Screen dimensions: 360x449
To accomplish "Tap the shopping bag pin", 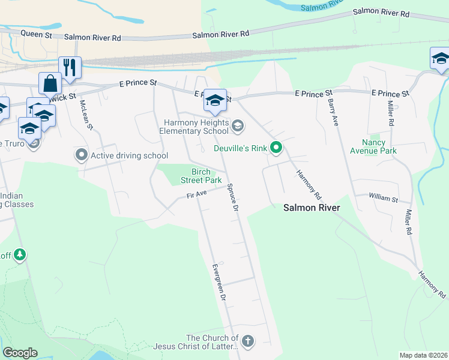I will click(x=50, y=83).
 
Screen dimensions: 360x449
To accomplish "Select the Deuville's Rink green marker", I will click(x=276, y=147).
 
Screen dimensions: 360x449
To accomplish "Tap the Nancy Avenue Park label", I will click(x=379, y=147).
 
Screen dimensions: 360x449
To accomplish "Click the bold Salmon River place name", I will click(x=312, y=208).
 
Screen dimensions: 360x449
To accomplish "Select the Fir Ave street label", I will click(x=196, y=194).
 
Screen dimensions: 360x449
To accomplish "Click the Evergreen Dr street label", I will click(x=218, y=282).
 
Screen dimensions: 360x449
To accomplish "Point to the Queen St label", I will click(x=37, y=35).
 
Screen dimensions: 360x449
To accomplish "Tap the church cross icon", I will click(x=247, y=341).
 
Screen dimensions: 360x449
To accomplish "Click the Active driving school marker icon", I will click(x=82, y=155).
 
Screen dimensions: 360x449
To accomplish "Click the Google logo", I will click(x=20, y=353).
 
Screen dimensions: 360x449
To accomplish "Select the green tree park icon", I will click(x=20, y=255).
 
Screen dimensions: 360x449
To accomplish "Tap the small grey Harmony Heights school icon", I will click(x=238, y=125).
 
